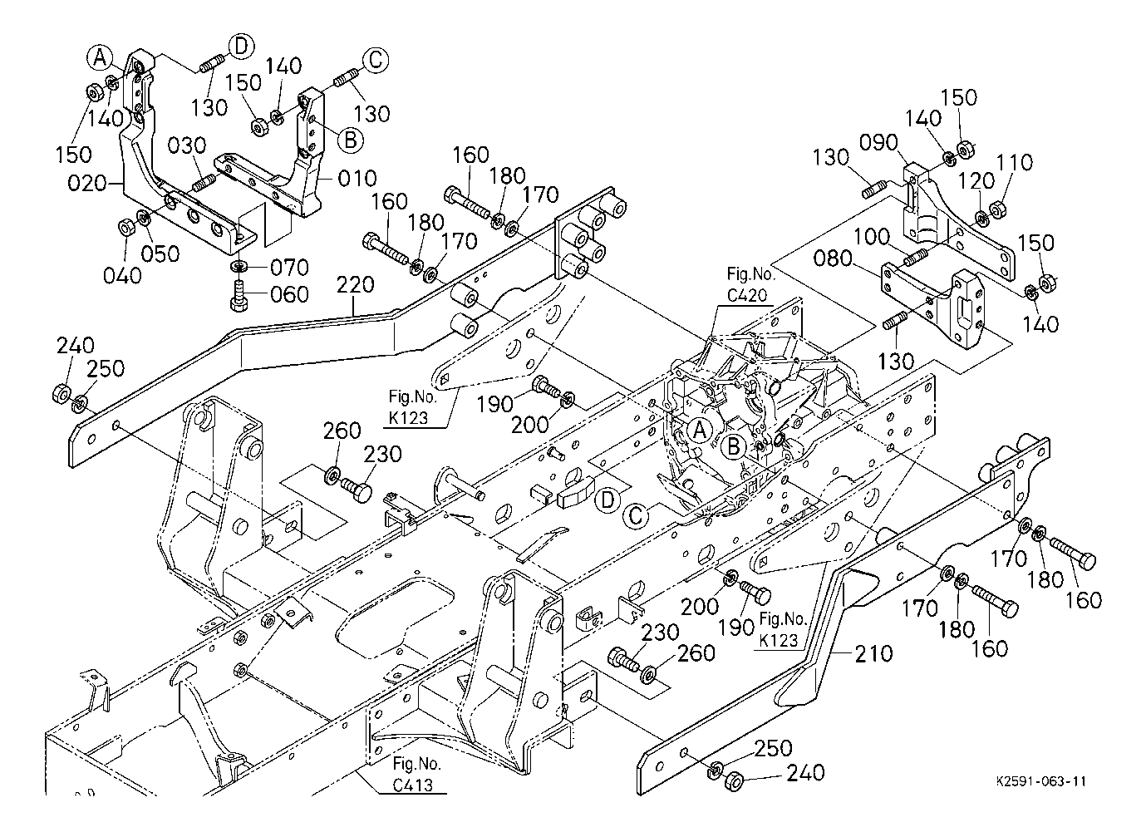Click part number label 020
[87, 183]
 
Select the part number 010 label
[357, 178]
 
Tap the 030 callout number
[187, 145]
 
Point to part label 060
[289, 294]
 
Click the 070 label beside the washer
[289, 267]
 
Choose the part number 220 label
[355, 284]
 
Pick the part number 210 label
[873, 653]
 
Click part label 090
[878, 143]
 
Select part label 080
[833, 259]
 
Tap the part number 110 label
[1015, 162]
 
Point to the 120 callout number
[976, 180]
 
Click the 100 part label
[872, 236]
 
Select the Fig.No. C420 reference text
[751, 284]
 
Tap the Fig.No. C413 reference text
[416, 774]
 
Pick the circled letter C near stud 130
[376, 60]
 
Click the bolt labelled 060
[239, 295]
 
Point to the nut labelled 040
[125, 227]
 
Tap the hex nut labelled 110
[997, 209]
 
